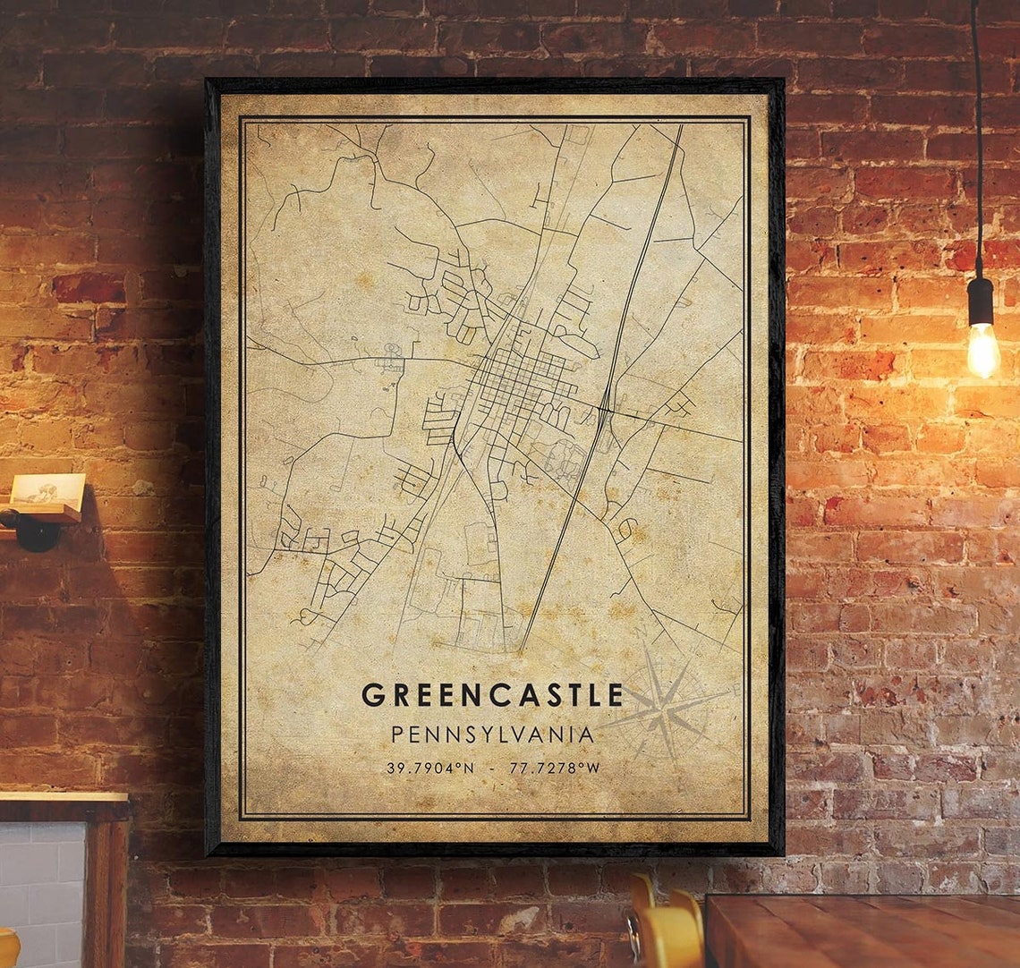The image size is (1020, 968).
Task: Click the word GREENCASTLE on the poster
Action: coord(492,695)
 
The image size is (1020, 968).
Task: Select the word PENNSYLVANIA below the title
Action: coord(492,734)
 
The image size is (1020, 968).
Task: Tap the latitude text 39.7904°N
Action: coord(430,768)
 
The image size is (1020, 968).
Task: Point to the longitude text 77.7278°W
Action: coord(555,768)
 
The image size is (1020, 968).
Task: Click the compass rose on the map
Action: coord(664,707)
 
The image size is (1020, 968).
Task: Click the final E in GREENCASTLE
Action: coord(614,695)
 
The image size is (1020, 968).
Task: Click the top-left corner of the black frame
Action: coord(209,82)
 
